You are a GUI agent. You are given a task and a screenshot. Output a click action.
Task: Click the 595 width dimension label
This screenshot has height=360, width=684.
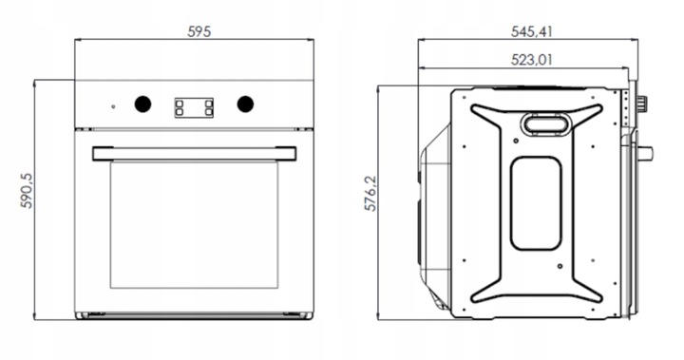[199, 31]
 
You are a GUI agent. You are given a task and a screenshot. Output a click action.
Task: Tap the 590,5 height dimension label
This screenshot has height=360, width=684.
[27, 191]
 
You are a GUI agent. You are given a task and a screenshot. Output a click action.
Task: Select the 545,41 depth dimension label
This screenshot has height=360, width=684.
[531, 31]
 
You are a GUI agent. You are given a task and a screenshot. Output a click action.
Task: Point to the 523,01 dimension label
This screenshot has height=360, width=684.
[531, 59]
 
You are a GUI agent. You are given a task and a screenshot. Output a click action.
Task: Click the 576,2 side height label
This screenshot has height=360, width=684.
[370, 194]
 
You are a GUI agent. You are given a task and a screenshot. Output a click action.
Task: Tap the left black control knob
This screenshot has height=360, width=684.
[142, 104]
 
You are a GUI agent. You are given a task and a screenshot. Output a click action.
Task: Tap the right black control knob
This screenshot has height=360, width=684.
[245, 104]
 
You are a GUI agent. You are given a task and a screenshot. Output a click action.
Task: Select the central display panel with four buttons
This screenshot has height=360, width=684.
[194, 107]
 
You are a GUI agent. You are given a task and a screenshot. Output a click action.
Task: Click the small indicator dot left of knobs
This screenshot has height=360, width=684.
[113, 106]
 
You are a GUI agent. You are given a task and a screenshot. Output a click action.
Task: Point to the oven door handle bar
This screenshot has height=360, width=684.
[194, 154]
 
